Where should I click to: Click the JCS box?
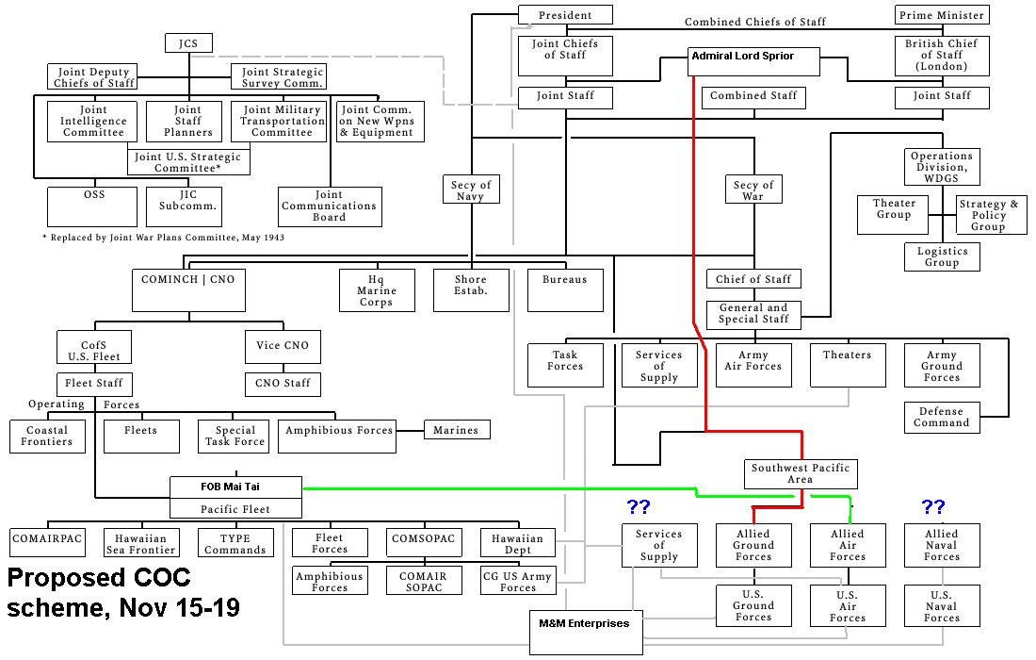[188, 43]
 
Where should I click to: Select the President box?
[565, 15]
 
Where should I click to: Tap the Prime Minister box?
[941, 15]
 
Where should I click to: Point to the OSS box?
[94, 206]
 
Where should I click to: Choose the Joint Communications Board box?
[330, 206]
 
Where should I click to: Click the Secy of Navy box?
[470, 190]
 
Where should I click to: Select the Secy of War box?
[753, 190]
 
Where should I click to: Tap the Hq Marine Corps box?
[377, 290]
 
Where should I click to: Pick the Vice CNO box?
[283, 346]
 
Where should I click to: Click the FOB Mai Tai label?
[235, 487]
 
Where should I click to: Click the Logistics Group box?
[942, 256]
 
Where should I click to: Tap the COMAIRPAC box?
[47, 542]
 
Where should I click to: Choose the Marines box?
[456, 430]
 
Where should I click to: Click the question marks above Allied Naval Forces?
[933, 507]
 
